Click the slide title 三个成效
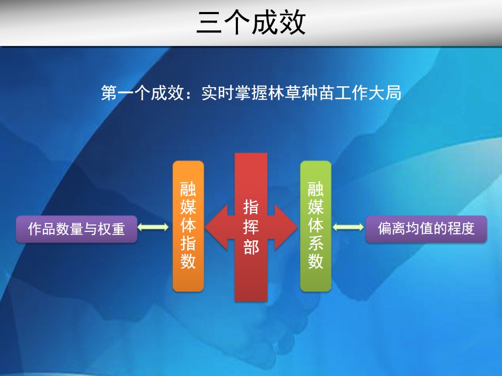[x=252, y=22]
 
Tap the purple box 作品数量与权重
[x=76, y=229]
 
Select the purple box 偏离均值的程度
[x=426, y=229]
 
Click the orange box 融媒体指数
[x=188, y=226]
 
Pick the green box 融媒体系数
[x=316, y=226]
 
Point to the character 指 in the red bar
[x=251, y=207]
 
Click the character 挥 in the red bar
[x=251, y=227]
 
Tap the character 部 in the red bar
[x=251, y=246]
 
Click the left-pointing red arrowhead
[x=216, y=227]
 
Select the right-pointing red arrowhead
[x=286, y=227]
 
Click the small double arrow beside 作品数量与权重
[x=153, y=227]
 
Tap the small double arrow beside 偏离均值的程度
[x=348, y=227]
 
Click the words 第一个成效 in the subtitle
[x=142, y=93]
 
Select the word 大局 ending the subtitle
[x=384, y=93]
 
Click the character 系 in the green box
[x=316, y=243]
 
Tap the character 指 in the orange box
[x=188, y=243]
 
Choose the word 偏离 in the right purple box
[x=391, y=229]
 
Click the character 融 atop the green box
[x=316, y=189]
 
